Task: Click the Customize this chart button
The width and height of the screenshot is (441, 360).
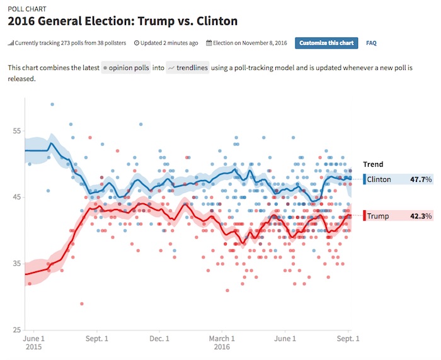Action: click(326, 43)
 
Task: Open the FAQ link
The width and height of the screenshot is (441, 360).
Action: click(371, 43)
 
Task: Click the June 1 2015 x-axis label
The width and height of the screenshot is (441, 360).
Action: click(33, 342)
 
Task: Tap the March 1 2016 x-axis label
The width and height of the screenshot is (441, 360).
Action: click(222, 342)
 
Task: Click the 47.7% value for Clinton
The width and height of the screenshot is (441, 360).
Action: click(421, 179)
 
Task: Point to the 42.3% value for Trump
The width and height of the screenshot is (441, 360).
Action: click(421, 216)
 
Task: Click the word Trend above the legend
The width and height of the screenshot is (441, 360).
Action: click(373, 164)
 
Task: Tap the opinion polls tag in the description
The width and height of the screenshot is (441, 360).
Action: click(126, 67)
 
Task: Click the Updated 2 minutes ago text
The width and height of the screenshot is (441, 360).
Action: click(166, 43)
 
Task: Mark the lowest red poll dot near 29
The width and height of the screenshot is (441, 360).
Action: click(81, 303)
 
